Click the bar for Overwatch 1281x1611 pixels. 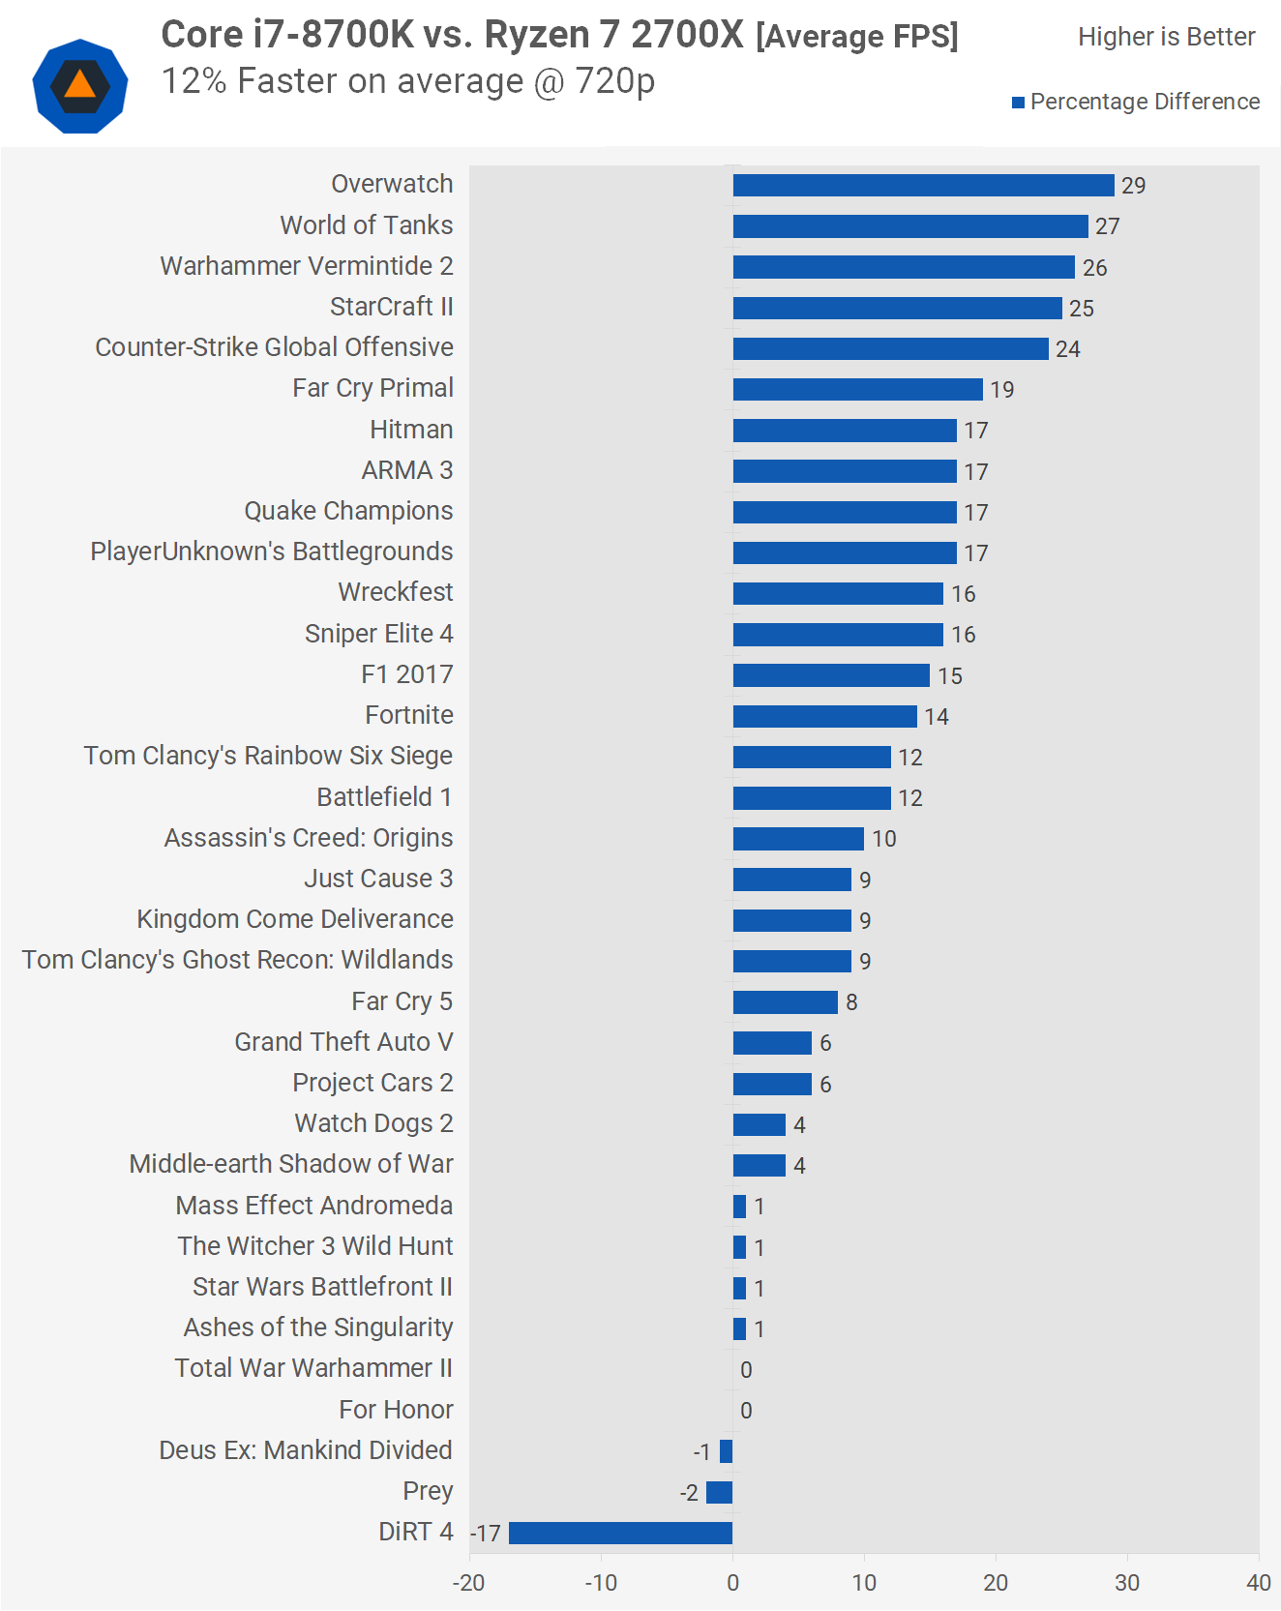923,185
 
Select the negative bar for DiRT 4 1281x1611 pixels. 620,1533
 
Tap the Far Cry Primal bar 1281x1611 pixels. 857,389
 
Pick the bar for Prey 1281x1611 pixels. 719,1492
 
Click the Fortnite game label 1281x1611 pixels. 409,715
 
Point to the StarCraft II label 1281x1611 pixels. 391,307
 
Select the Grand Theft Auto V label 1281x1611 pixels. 343,1042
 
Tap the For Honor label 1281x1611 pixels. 396,1410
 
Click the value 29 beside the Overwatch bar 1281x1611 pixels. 1133,186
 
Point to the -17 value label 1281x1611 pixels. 486,1534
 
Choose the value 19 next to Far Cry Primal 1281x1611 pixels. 1001,390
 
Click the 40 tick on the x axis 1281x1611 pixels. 1258,1583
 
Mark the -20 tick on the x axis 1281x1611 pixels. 469,1583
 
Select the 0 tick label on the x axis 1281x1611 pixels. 732,1583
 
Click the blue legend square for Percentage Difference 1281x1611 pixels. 1018,103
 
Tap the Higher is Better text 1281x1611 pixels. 1166,37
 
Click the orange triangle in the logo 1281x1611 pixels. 80,86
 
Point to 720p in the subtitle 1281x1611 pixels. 614,81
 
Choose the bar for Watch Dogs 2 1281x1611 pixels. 759,1124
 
